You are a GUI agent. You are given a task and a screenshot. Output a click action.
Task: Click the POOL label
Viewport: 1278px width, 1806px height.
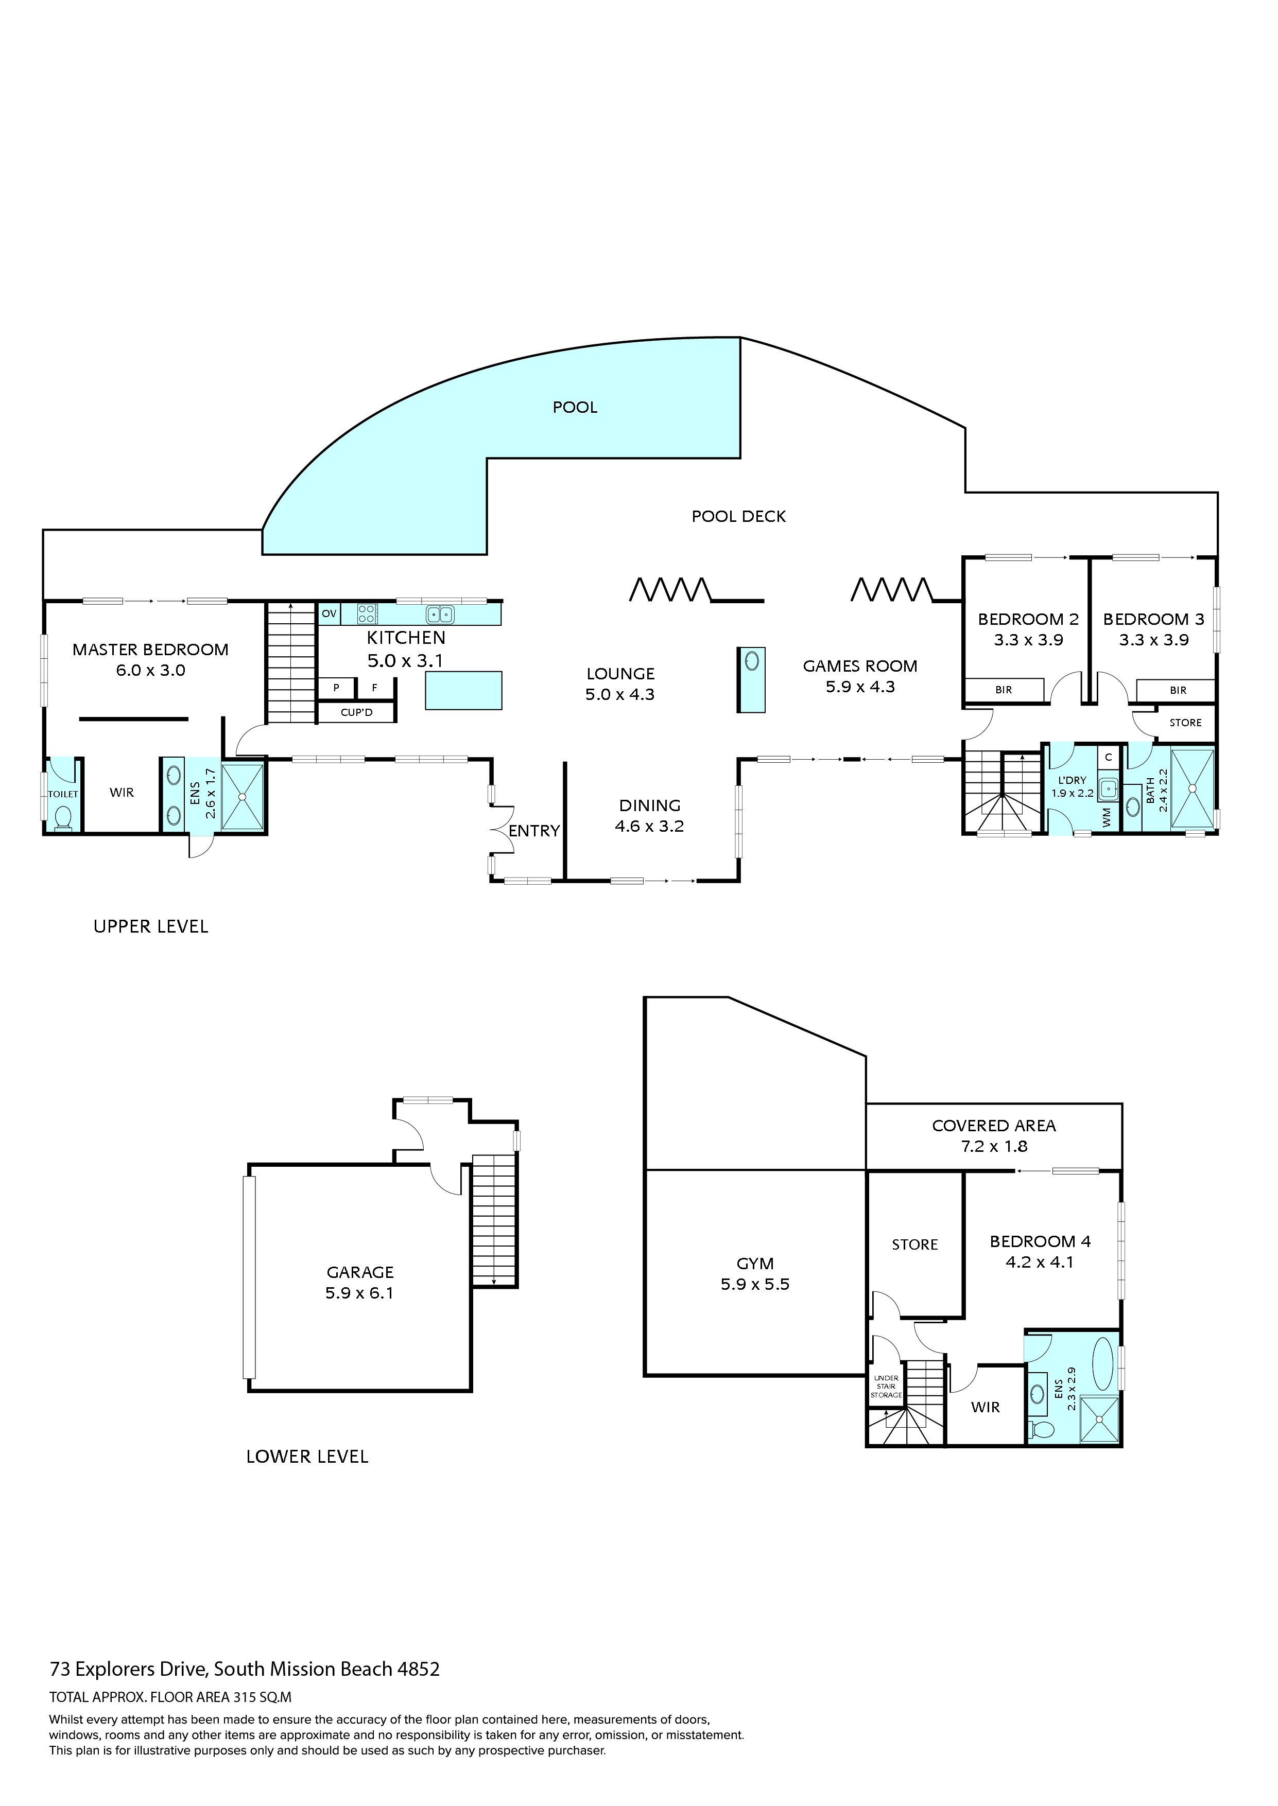(x=575, y=408)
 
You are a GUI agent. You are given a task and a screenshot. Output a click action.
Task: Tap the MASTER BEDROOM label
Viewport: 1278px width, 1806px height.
(x=150, y=650)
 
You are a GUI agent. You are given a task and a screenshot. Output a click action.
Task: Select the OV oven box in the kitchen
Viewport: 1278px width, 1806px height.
(x=329, y=613)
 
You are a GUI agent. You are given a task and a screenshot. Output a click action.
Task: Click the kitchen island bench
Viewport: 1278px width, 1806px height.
(x=463, y=691)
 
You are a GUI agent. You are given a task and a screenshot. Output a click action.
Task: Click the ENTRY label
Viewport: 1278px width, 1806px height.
(x=534, y=831)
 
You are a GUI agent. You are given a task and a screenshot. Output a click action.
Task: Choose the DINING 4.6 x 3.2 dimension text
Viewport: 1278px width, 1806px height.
(x=649, y=827)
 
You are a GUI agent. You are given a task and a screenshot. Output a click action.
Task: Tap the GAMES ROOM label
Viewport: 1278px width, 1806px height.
(x=860, y=666)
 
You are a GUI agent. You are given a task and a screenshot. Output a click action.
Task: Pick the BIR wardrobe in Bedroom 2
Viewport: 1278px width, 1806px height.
(x=1004, y=690)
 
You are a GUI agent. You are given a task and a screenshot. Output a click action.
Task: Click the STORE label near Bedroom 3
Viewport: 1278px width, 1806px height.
(x=1185, y=723)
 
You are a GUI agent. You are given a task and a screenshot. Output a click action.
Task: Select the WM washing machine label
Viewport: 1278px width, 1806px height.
(x=1107, y=817)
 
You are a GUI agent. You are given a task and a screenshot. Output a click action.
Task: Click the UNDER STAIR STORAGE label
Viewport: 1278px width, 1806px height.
(x=886, y=1387)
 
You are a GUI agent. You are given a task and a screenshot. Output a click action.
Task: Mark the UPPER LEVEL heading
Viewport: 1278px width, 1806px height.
(x=151, y=926)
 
